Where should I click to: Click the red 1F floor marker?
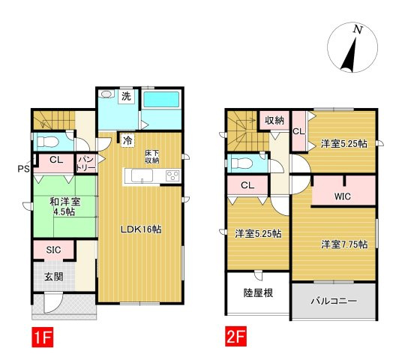(42, 337)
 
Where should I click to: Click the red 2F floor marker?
(235, 336)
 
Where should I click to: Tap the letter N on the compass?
(358, 30)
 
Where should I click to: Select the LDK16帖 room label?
(141, 229)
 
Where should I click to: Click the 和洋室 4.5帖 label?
(64, 207)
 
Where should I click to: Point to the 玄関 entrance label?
(53, 277)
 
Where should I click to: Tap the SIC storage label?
(53, 250)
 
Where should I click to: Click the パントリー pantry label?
(87, 163)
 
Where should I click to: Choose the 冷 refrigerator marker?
(127, 140)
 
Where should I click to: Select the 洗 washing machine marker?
(126, 97)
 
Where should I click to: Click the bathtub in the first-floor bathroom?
(161, 99)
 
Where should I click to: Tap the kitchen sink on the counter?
(142, 175)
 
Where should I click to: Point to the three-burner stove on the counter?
(172, 176)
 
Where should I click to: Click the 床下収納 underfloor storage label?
(151, 157)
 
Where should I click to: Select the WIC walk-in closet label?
(342, 196)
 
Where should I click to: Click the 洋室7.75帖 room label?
(344, 244)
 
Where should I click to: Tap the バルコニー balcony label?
(334, 301)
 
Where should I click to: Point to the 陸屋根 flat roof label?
(258, 292)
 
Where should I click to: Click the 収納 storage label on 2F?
(274, 120)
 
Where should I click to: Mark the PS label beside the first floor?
(23, 169)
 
